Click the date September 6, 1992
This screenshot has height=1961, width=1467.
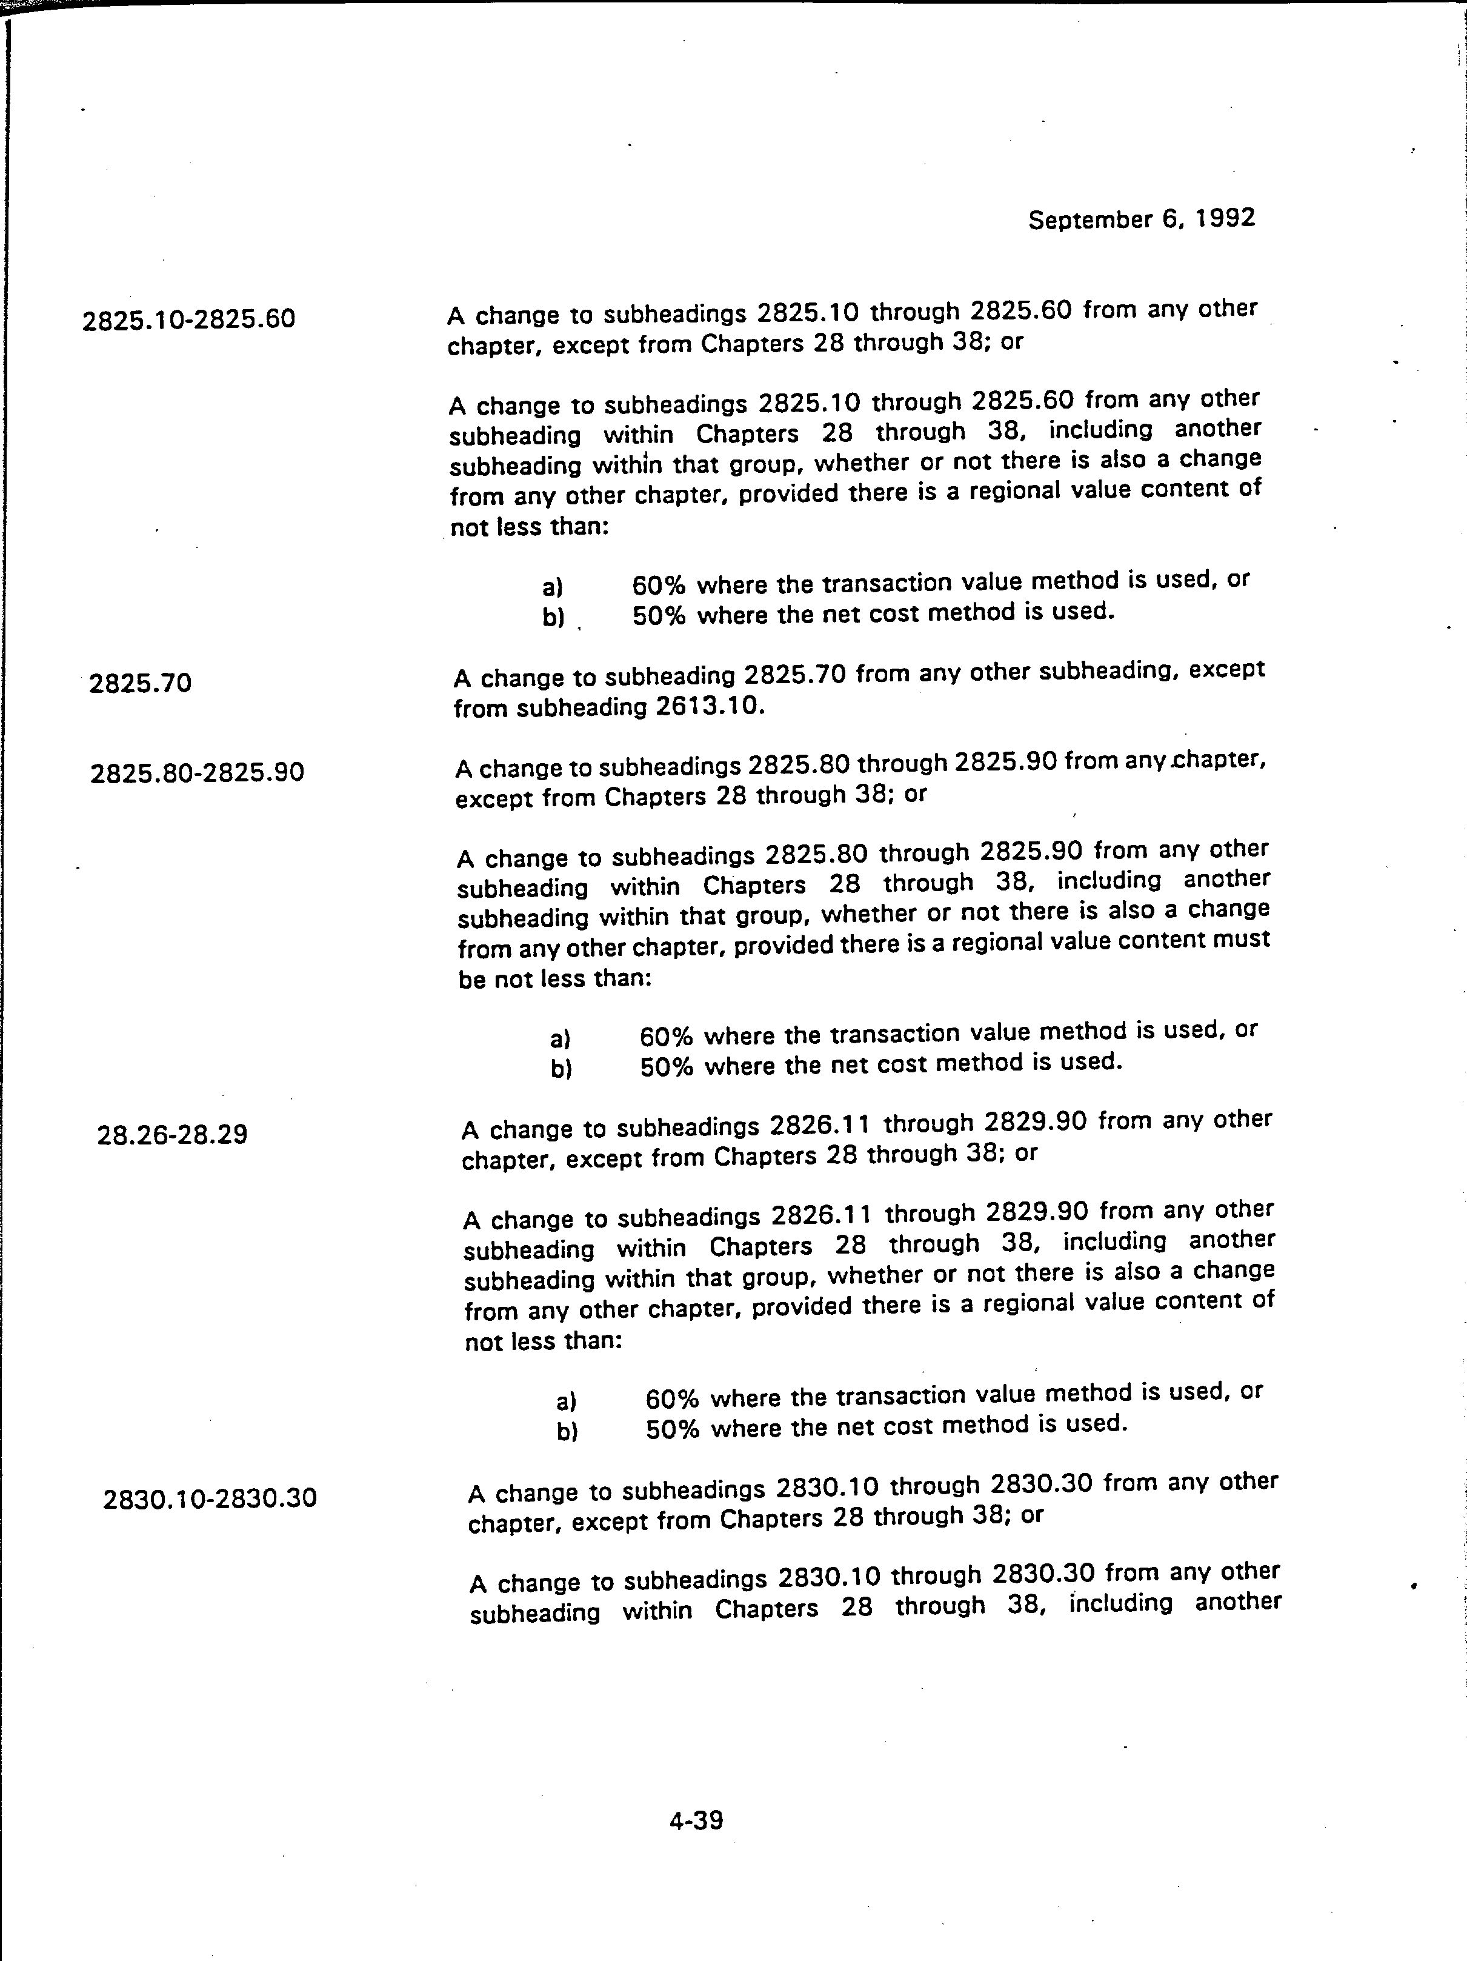tap(1141, 219)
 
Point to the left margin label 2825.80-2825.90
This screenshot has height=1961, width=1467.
tap(197, 773)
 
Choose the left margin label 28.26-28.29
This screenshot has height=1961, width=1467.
tap(172, 1134)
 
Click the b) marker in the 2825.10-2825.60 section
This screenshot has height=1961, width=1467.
tap(553, 617)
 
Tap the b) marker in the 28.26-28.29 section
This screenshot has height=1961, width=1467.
tap(567, 1432)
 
